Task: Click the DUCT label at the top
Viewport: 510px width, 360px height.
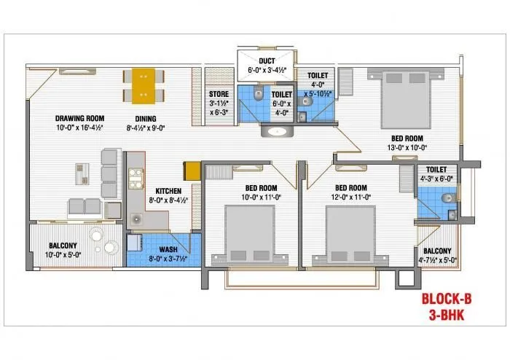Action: pyautogui.click(x=267, y=60)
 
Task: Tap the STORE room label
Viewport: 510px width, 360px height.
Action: pyautogui.click(x=219, y=93)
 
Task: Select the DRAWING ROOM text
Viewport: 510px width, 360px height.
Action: pyautogui.click(x=79, y=117)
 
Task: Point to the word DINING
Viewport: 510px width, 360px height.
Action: pyautogui.click(x=146, y=117)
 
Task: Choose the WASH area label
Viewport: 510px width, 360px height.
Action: pyautogui.click(x=168, y=249)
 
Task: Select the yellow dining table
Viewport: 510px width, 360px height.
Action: pyautogui.click(x=144, y=85)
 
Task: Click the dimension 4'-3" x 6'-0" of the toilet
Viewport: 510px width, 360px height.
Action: pyautogui.click(x=436, y=178)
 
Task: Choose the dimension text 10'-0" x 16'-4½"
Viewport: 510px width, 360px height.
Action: pyautogui.click(x=80, y=127)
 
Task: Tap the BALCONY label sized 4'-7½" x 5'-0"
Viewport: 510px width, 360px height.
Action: pyautogui.click(x=434, y=251)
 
